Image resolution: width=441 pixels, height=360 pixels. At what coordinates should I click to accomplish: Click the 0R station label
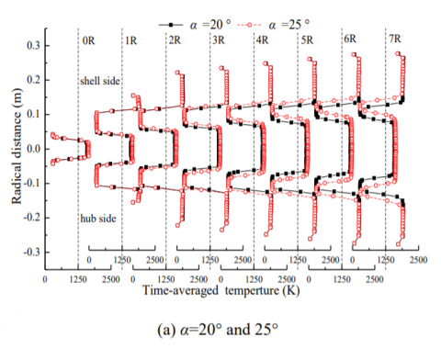click(88, 41)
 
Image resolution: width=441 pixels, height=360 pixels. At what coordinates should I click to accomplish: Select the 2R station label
click(175, 41)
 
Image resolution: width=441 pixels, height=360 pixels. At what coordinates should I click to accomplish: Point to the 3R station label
click(218, 41)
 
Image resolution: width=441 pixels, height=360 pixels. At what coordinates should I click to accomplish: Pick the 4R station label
click(262, 41)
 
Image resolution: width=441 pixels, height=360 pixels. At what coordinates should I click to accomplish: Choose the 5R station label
click(306, 41)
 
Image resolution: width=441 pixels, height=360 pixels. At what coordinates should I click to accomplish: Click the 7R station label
click(392, 41)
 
